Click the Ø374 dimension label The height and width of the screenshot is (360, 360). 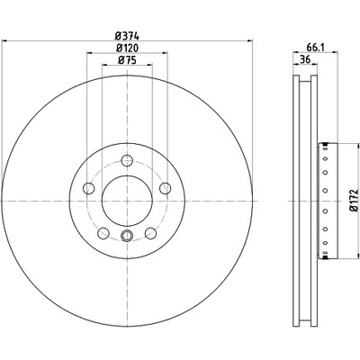(127, 36)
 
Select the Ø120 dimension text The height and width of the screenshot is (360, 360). (127, 48)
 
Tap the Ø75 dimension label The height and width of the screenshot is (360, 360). (127, 60)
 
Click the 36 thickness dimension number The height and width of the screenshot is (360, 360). (305, 59)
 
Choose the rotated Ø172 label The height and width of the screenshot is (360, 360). (355, 200)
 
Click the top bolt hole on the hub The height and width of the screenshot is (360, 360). (127, 160)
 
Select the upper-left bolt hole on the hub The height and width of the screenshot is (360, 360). (88, 188)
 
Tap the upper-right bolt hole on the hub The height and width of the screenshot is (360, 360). (166, 188)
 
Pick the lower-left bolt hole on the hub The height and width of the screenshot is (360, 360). (103, 233)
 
